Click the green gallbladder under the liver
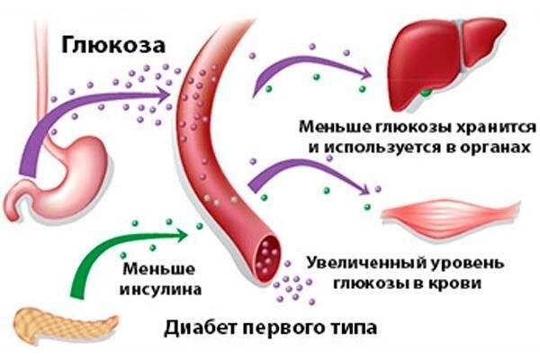tap(427, 90)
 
